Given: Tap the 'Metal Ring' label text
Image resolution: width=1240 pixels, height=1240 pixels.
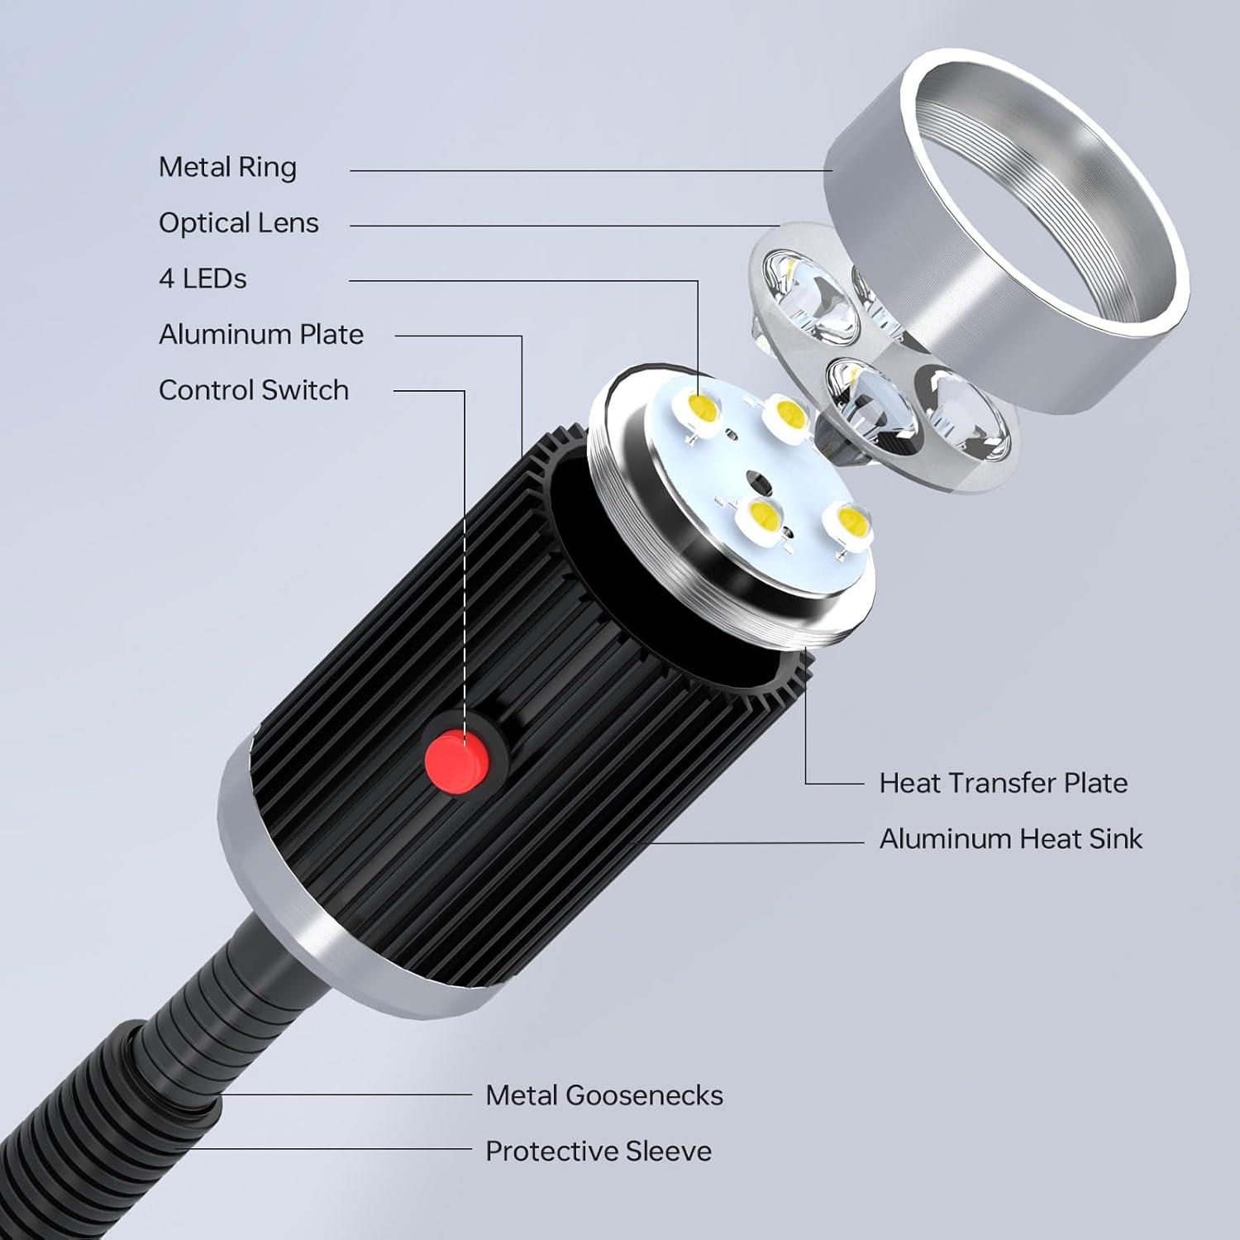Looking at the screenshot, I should click(227, 168).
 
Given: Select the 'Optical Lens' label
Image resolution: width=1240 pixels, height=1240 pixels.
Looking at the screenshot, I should click(238, 223).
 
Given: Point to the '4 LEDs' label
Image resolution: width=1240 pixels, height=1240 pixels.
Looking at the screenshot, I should click(203, 279).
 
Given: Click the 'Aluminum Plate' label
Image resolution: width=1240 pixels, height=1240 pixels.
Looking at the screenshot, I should click(260, 335).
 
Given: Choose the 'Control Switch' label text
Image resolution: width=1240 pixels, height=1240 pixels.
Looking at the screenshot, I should click(253, 390).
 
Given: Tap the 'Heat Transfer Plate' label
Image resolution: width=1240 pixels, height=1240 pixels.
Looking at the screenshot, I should click(1003, 783).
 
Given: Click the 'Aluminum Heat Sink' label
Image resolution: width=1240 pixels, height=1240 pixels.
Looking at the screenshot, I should click(1010, 839).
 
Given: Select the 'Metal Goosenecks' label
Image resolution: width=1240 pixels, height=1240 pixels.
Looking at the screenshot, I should click(603, 1095).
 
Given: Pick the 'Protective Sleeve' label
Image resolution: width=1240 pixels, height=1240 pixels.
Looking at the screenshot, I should click(598, 1152).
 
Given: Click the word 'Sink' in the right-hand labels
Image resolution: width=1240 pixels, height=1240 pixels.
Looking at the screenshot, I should click(1115, 839).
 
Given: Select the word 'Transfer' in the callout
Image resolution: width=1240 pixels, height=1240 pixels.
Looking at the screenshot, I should click(1002, 783).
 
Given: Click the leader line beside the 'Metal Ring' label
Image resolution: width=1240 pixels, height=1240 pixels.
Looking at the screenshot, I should click(579, 171).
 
